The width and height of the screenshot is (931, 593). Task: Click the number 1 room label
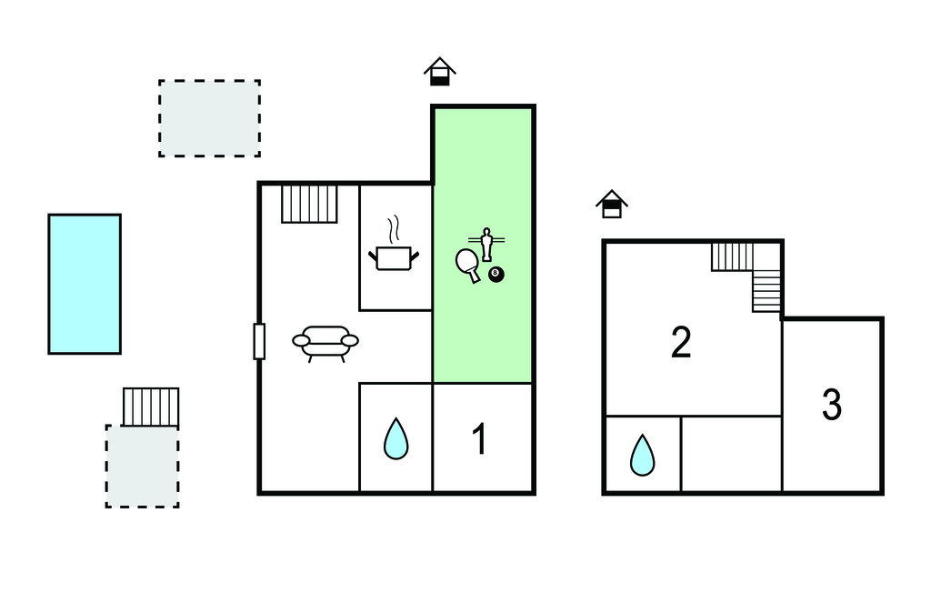[479, 439]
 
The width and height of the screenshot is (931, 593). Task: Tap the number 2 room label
[681, 342]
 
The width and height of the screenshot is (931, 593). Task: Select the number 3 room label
[831, 406]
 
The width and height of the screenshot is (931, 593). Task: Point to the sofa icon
[325, 342]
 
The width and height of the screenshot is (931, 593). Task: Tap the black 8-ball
[496, 274]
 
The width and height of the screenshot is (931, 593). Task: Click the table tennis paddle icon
[469, 264]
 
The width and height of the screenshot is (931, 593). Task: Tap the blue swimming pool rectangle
[85, 284]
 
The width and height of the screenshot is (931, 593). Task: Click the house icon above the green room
[440, 72]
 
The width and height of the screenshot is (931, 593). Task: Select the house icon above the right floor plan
[612, 204]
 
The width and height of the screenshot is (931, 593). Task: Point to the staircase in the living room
[309, 204]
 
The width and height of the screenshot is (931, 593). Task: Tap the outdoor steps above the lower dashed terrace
[151, 407]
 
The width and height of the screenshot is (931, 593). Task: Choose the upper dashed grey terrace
[209, 118]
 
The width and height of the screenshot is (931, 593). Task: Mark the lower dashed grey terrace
[142, 466]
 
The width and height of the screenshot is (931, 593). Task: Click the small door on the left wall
[259, 341]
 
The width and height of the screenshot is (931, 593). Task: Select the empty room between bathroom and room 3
[731, 455]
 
